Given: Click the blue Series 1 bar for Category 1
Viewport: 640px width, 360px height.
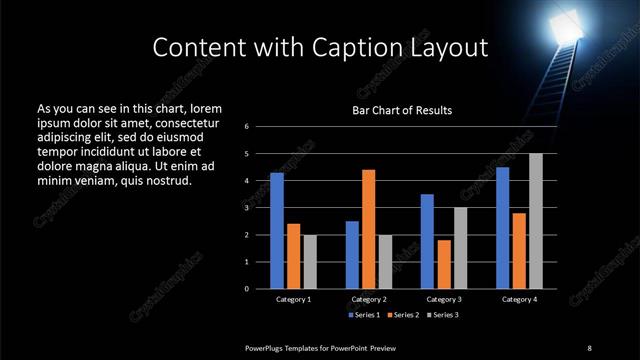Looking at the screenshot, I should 277,230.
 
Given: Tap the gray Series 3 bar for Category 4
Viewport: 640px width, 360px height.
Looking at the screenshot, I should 535,221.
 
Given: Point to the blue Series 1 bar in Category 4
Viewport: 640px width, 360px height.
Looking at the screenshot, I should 502,227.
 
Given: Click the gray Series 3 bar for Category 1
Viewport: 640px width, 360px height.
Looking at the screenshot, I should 309,261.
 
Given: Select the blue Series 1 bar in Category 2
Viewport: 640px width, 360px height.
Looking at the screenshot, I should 352,254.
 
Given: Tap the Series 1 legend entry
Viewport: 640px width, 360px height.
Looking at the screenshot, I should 363,315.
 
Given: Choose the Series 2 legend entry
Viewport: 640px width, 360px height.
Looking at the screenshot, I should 403,315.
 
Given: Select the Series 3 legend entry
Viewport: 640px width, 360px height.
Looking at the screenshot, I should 443,315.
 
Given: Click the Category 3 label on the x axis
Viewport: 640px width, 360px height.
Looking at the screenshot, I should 443,299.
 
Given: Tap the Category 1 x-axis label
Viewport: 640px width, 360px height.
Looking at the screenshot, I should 293,299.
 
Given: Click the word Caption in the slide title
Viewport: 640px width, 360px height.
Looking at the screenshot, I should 375,47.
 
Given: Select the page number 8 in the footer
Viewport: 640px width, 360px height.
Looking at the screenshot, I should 589,347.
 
